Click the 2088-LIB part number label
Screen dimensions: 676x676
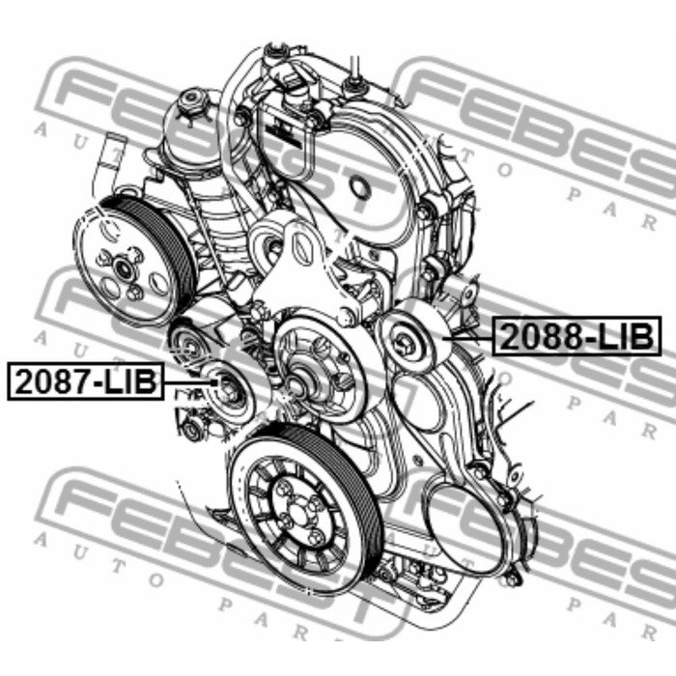[x=577, y=336]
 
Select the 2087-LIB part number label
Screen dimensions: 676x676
[x=85, y=381]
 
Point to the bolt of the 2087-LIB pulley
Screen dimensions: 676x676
[x=227, y=385]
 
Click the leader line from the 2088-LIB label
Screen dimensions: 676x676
[x=467, y=338]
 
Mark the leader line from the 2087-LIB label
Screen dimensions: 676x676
[x=190, y=382]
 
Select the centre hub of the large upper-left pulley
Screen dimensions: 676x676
[x=125, y=269]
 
